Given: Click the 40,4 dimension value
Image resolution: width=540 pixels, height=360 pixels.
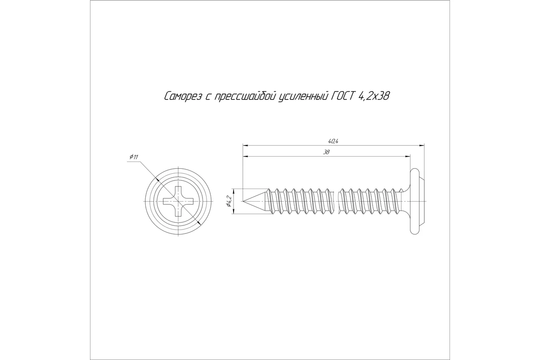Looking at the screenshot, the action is [333, 142].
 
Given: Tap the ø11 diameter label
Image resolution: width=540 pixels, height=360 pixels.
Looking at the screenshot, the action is [134, 157].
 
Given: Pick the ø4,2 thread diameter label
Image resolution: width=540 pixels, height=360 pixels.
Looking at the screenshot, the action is [229, 201].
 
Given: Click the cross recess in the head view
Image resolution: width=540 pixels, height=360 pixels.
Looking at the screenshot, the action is [178, 201].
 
